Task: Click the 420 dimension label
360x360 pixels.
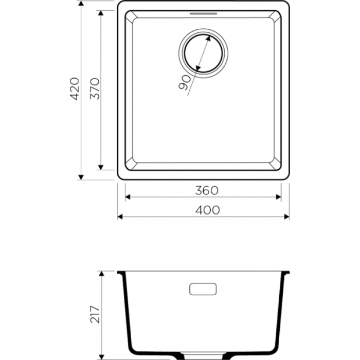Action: (75, 89)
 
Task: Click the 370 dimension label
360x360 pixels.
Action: (95, 88)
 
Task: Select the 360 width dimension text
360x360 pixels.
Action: (207, 191)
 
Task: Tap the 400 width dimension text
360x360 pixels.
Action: (208, 210)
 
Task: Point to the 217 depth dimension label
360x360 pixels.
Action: (95, 314)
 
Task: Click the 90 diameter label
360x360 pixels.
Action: (185, 83)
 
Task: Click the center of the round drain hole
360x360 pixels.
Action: (203, 53)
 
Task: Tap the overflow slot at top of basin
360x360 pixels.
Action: (203, 13)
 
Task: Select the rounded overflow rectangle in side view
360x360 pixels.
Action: (203, 289)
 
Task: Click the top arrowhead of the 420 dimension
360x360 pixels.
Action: (81, 3)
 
